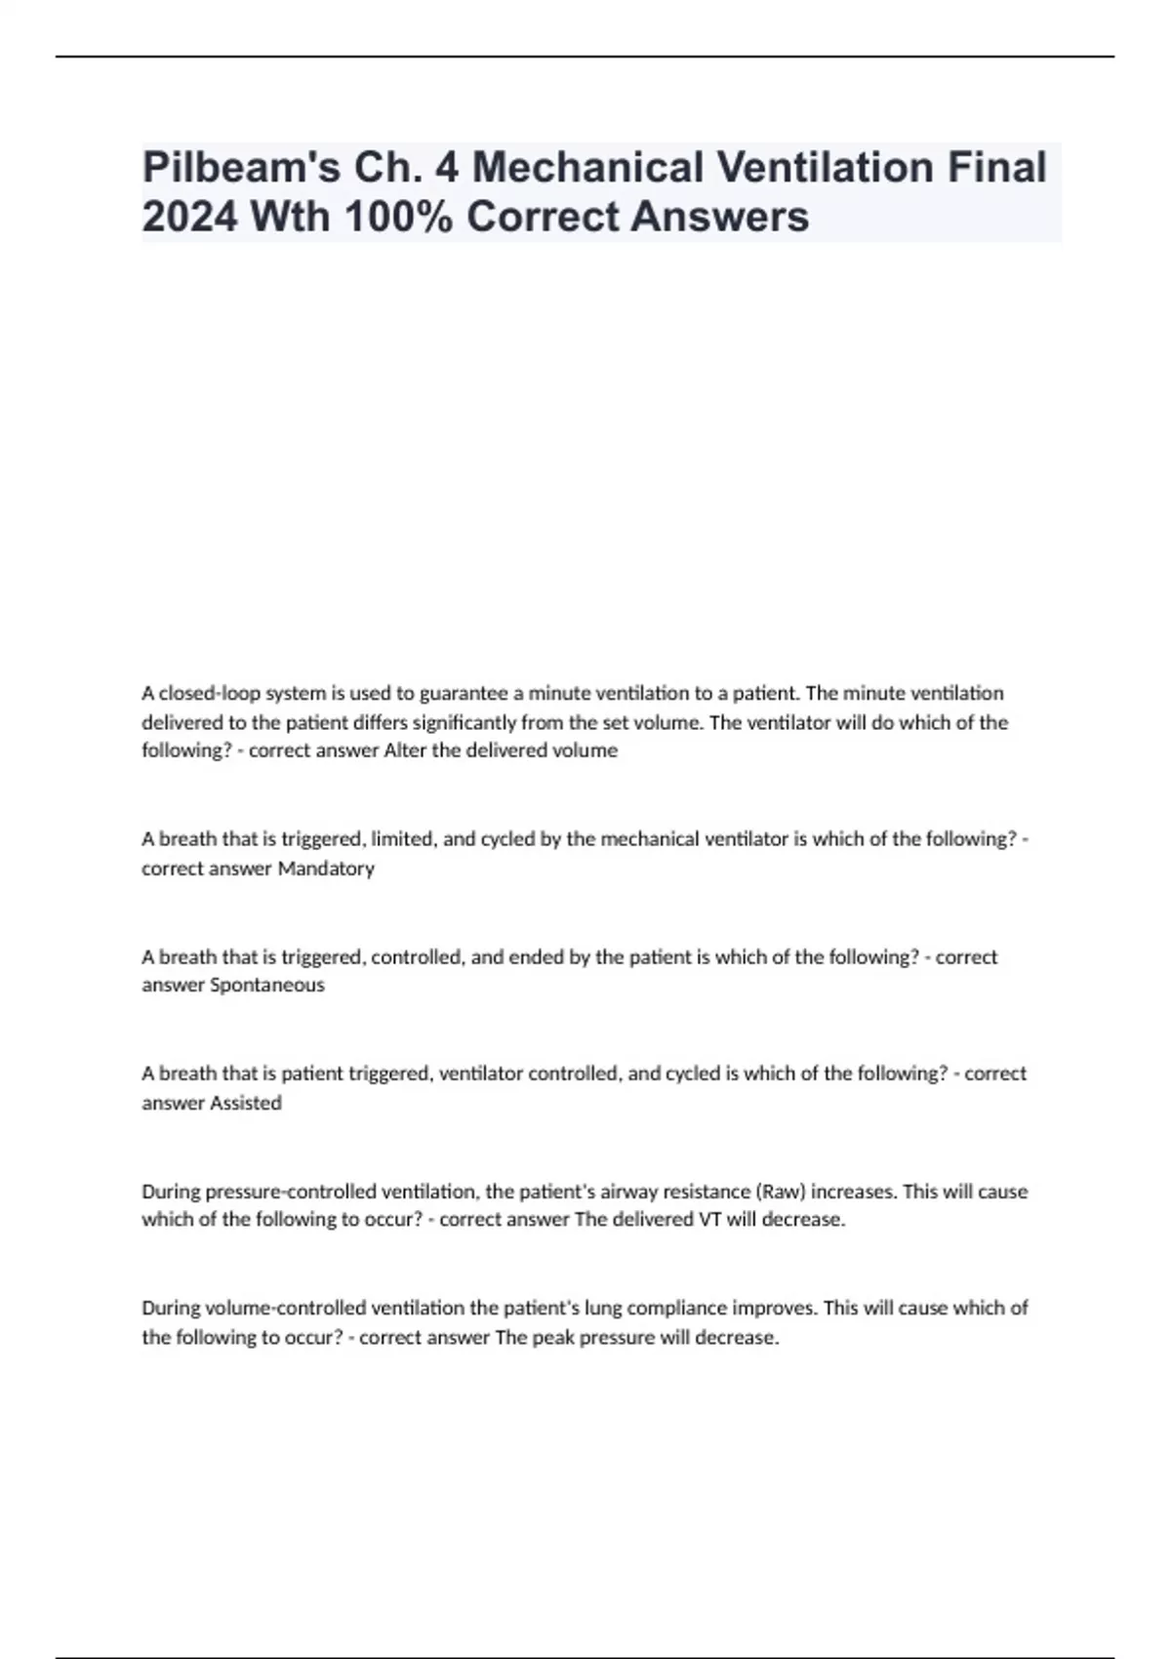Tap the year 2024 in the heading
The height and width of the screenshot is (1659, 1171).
[189, 217]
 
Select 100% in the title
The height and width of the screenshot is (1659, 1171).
[398, 217]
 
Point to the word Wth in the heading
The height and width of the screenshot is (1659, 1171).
[290, 217]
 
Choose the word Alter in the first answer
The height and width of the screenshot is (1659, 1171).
[405, 750]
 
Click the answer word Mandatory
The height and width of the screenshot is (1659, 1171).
[326, 869]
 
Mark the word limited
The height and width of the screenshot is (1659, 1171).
[402, 839]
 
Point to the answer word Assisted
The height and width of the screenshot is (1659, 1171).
[246, 1103]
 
